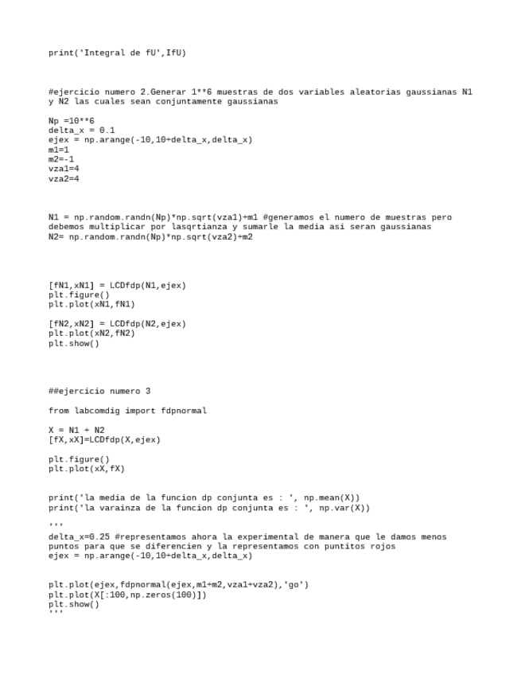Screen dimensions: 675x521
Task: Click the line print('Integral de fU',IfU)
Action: (x=117, y=53)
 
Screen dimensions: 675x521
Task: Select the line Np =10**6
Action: (x=72, y=121)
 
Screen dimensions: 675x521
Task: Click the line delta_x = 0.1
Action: (x=81, y=131)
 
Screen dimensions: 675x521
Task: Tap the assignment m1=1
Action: (x=59, y=150)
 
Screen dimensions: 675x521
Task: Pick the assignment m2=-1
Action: (x=61, y=159)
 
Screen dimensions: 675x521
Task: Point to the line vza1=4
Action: (x=64, y=169)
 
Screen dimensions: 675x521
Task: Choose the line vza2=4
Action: (x=64, y=178)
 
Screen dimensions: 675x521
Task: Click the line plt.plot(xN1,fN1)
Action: (x=91, y=304)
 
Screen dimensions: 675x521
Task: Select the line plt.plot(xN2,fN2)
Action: (x=91, y=333)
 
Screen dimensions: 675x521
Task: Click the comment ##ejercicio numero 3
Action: (x=99, y=391)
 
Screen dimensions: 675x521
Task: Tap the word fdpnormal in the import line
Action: (x=184, y=411)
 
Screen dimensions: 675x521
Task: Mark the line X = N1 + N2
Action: (x=76, y=430)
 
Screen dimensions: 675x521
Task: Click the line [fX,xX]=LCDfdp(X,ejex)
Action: (x=104, y=439)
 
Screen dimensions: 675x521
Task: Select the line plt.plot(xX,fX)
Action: (x=87, y=469)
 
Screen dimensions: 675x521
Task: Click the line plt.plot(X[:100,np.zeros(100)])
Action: (x=127, y=595)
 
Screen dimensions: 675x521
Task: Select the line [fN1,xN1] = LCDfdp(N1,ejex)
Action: (x=117, y=285)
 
